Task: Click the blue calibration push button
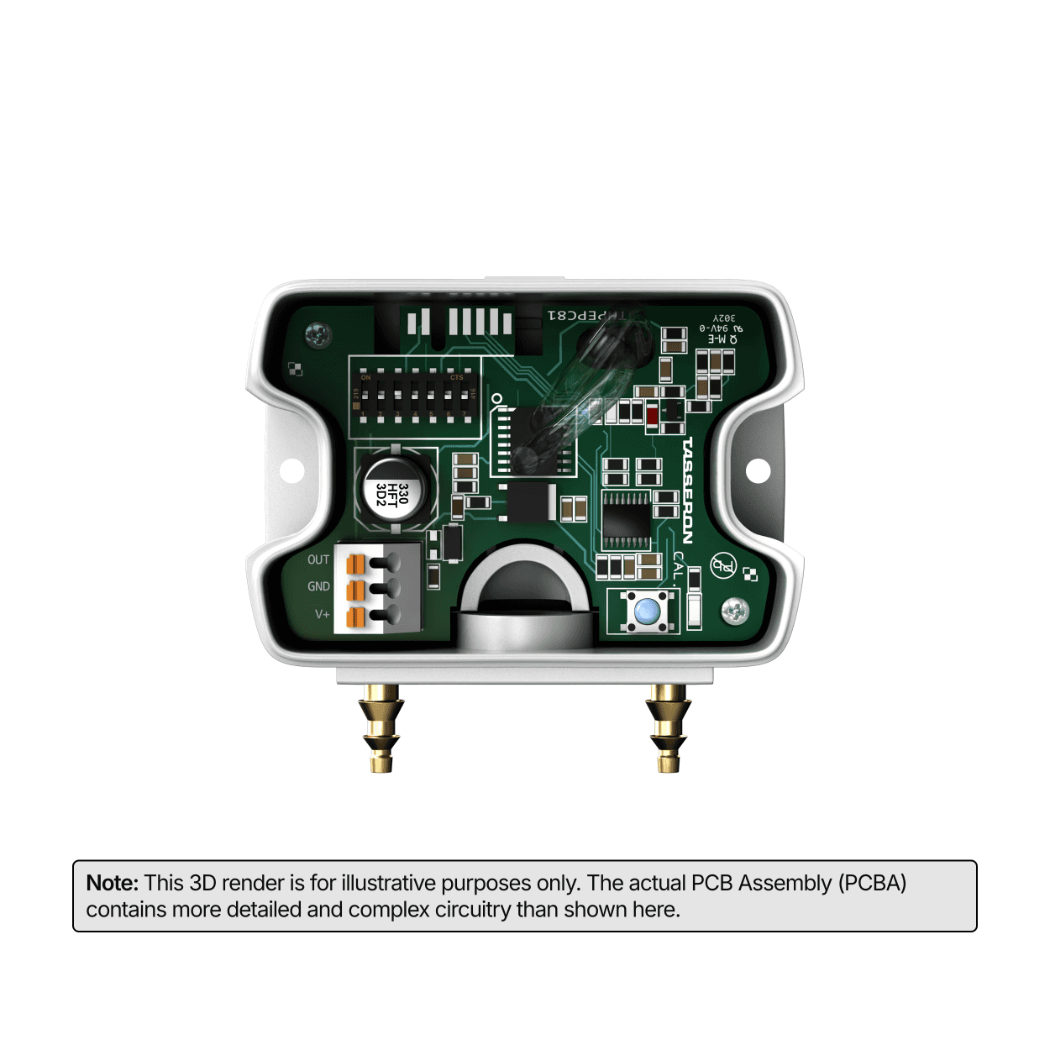click(646, 611)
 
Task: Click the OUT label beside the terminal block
click(318, 559)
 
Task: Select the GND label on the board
click(318, 586)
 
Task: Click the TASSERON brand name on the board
click(688, 491)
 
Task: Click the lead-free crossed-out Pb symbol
click(722, 565)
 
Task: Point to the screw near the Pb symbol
click(735, 612)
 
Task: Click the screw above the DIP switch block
click(318, 334)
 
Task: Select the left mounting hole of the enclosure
click(291, 470)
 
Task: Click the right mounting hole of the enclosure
click(758, 470)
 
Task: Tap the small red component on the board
click(652, 413)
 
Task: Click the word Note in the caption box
click(112, 883)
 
